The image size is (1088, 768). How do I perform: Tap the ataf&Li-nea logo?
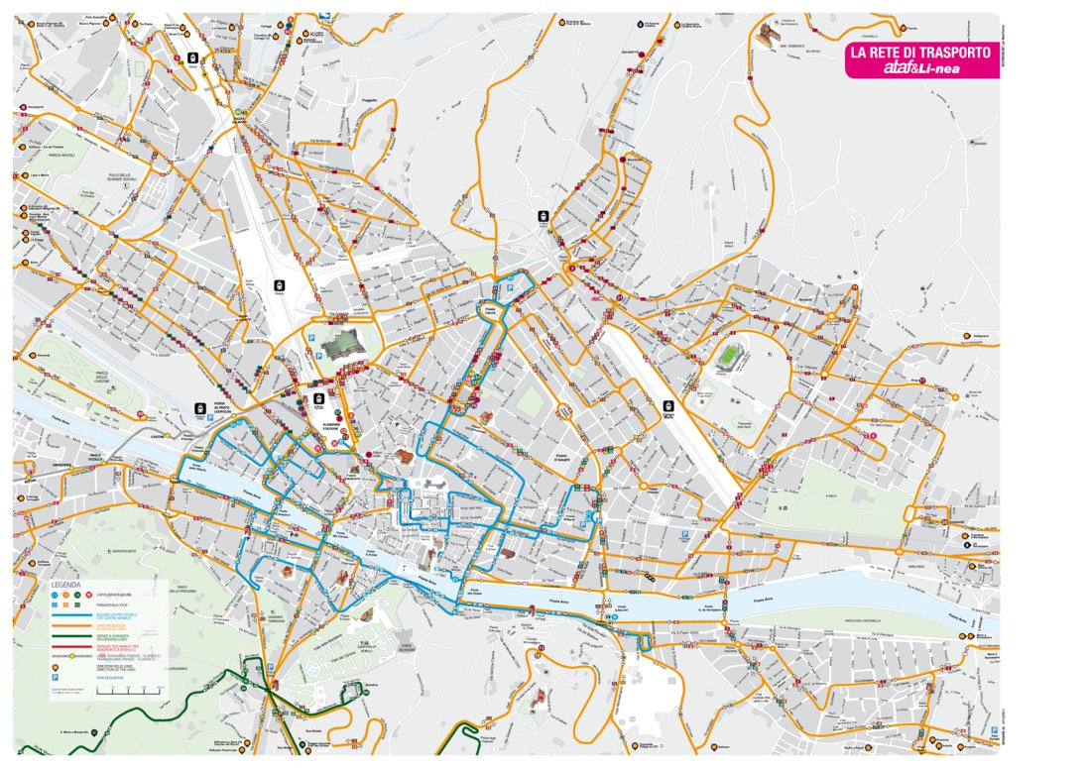[919, 68]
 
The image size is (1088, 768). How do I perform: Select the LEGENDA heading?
[66, 585]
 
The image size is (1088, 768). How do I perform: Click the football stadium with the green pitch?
[732, 356]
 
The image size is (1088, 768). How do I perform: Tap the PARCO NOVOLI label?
[61, 154]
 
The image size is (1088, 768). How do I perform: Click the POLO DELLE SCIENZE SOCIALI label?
[126, 177]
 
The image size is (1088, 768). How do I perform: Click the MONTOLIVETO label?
[123, 552]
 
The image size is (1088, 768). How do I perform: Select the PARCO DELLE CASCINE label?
[94, 377]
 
